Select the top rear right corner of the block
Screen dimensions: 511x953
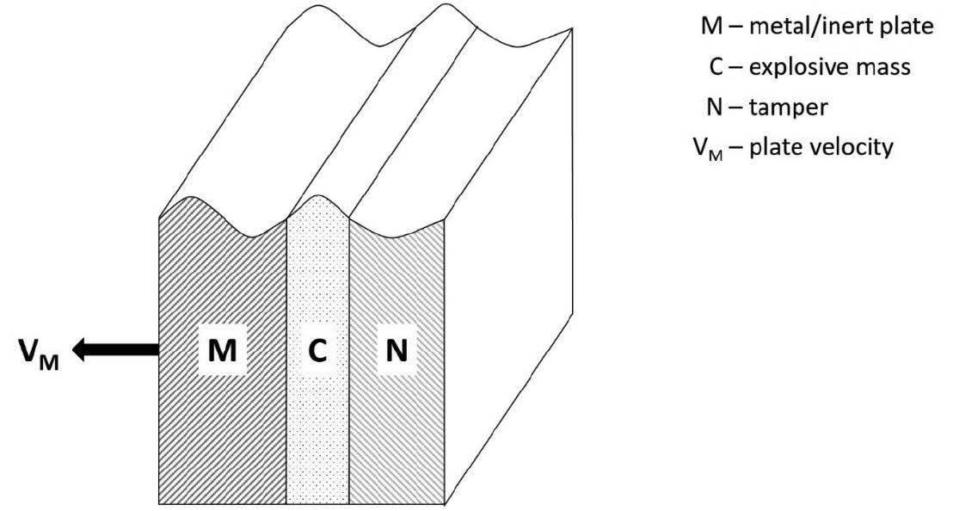tap(573, 28)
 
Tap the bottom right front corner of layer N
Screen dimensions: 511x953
tap(446, 503)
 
